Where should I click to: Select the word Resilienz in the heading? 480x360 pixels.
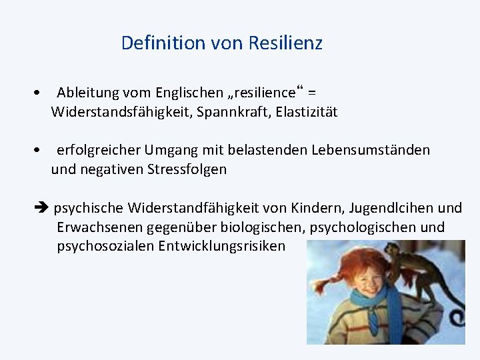[x=285, y=43]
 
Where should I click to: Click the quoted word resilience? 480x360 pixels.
[x=261, y=93]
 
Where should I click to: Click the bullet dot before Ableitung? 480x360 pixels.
[x=40, y=93]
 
